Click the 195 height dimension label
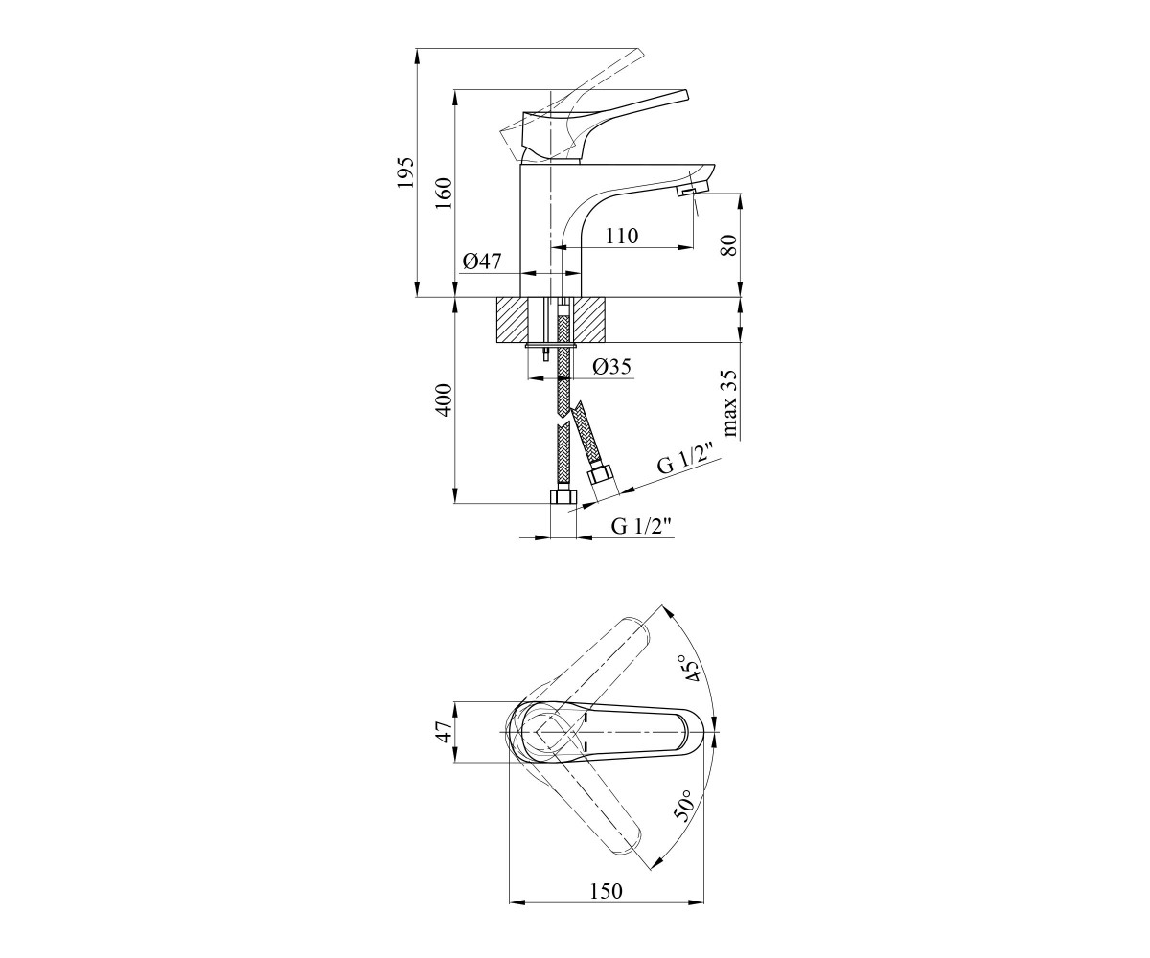click(x=406, y=172)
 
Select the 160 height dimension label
click(x=445, y=193)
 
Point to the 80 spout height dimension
click(x=728, y=244)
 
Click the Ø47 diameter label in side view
click(x=482, y=261)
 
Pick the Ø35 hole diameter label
click(x=612, y=367)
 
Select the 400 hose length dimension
click(x=445, y=399)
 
